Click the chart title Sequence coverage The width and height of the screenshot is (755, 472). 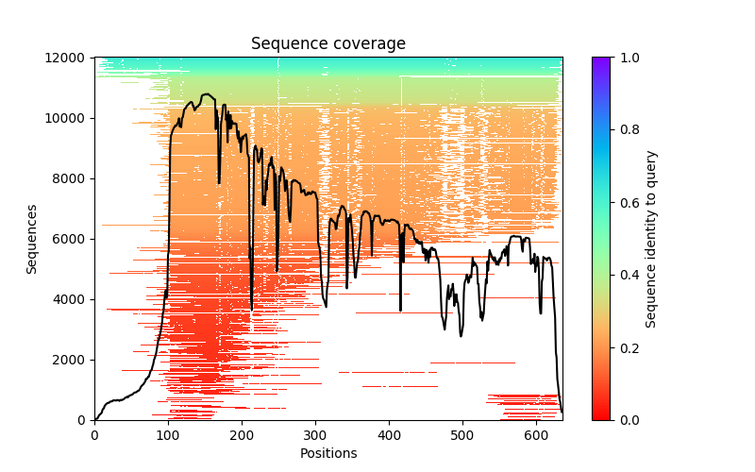click(x=327, y=43)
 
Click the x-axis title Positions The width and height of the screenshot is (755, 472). click(x=327, y=453)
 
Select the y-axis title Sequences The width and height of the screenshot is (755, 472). click(x=32, y=239)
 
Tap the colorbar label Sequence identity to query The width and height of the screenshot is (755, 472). click(x=651, y=239)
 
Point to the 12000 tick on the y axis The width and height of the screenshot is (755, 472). click(x=68, y=58)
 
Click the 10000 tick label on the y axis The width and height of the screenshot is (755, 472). click(x=68, y=118)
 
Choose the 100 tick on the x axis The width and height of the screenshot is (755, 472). click(x=168, y=434)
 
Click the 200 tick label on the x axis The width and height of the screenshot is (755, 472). click(x=242, y=434)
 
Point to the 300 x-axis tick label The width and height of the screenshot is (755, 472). click(x=315, y=434)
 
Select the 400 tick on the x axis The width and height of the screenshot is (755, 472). click(x=389, y=434)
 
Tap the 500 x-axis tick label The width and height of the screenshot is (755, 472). click(x=462, y=434)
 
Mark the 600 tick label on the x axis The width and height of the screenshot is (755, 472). click(x=536, y=434)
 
